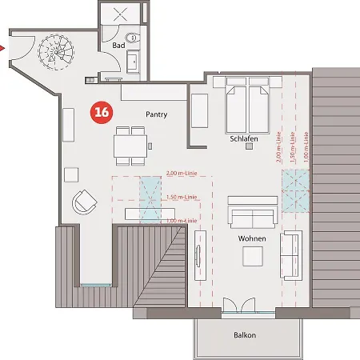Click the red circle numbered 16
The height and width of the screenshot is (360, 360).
[102, 112]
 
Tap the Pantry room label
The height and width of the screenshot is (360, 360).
[156, 114]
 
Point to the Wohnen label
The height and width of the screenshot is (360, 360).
[251, 238]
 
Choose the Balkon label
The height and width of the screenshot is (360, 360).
[245, 335]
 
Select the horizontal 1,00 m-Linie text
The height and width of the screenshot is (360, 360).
[181, 220]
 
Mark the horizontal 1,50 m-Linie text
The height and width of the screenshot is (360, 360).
[181, 197]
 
